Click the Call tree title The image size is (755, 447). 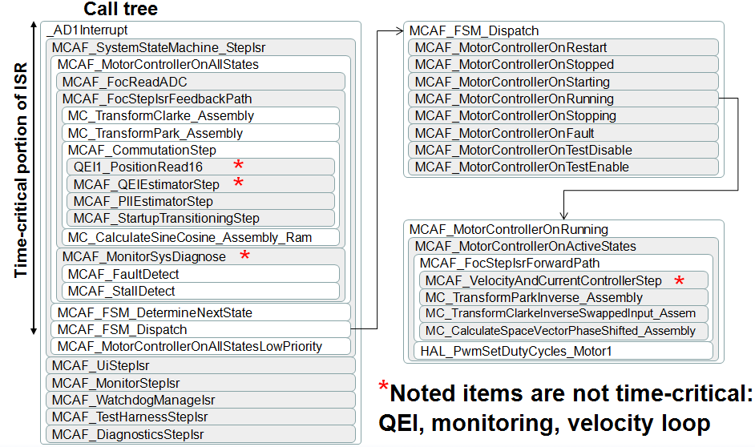(121, 10)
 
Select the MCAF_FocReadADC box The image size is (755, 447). (200, 81)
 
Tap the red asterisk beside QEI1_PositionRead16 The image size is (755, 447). (238, 165)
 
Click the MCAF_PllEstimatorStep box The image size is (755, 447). (200, 201)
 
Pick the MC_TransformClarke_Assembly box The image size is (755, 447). (200, 115)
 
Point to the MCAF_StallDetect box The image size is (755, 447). (200, 291)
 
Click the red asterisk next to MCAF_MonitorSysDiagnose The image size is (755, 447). (245, 256)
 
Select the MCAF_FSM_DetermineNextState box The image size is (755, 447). (200, 312)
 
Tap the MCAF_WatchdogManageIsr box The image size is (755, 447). (200, 400)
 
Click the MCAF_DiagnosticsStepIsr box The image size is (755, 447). (200, 434)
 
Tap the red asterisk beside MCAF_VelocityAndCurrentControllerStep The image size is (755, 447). (680, 280)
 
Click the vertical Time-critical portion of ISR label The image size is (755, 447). (21, 170)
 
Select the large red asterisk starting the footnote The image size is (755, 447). (384, 390)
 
